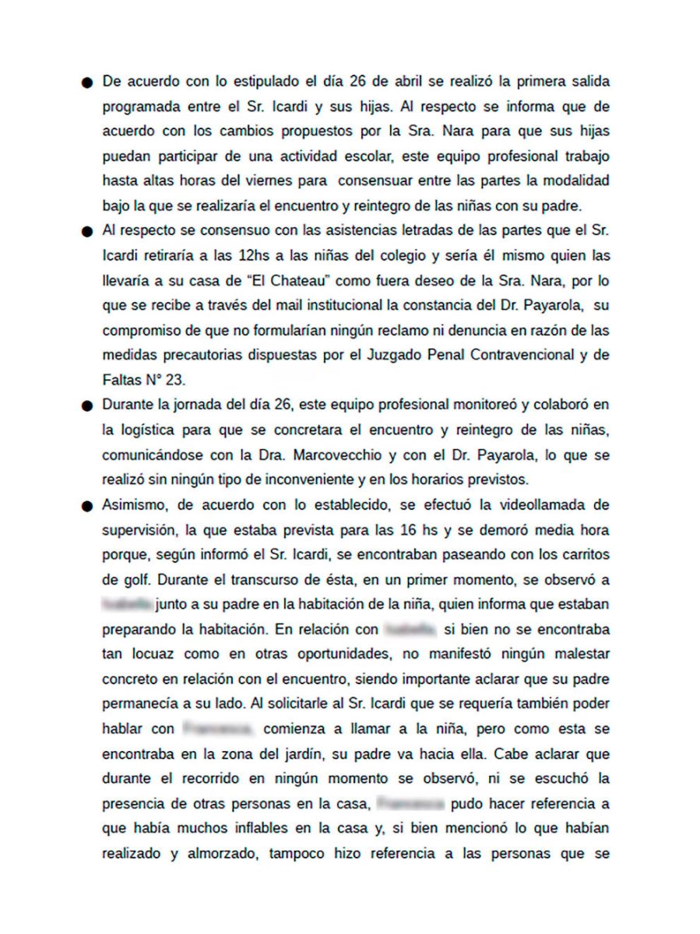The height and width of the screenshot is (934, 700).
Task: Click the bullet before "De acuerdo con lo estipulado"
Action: click(x=88, y=82)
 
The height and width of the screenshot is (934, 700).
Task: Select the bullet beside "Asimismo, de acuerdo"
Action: click(x=88, y=506)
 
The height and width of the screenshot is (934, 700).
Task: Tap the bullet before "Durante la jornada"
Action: click(x=88, y=406)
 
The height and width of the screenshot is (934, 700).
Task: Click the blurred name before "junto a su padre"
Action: click(x=128, y=604)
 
